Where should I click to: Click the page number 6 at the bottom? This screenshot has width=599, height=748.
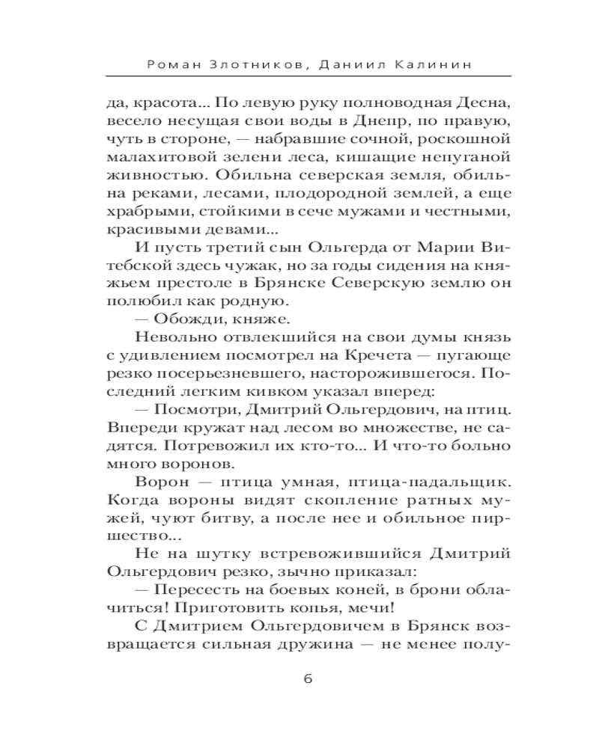(308, 679)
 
